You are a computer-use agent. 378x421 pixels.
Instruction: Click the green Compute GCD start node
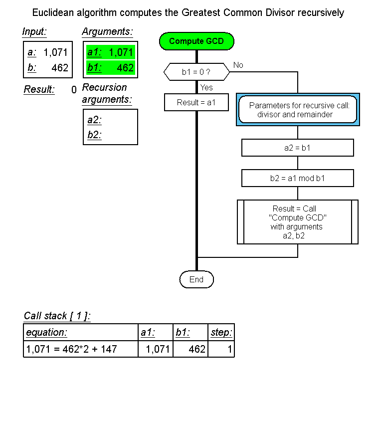pyautogui.click(x=196, y=41)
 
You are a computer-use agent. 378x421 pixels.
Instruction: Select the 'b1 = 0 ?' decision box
pyautogui.click(x=196, y=72)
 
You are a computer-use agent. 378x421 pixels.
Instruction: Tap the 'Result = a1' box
pyautogui.click(x=196, y=103)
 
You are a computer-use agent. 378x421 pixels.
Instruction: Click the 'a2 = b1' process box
pyautogui.click(x=297, y=148)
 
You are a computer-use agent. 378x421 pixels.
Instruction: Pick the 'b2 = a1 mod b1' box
pyautogui.click(x=297, y=178)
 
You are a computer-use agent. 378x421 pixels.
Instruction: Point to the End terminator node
pyautogui.click(x=196, y=280)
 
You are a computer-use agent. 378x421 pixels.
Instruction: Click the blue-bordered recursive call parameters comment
pyautogui.click(x=298, y=110)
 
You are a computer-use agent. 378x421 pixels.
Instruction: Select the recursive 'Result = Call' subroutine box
pyautogui.click(x=297, y=222)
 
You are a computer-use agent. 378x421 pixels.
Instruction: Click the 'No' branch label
pyautogui.click(x=238, y=65)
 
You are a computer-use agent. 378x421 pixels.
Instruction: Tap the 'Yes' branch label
pyautogui.click(x=206, y=88)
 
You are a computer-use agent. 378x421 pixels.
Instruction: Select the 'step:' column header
pyautogui.click(x=221, y=333)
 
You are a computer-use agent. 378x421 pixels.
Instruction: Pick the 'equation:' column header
pyautogui.click(x=46, y=333)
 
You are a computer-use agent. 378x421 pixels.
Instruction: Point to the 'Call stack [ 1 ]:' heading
pyautogui.click(x=57, y=316)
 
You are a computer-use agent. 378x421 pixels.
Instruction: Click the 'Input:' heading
pyautogui.click(x=34, y=32)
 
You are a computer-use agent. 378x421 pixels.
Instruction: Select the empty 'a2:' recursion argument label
pyautogui.click(x=94, y=120)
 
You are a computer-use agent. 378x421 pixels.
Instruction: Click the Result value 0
pyautogui.click(x=74, y=90)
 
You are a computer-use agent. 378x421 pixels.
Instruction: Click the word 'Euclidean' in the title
pyautogui.click(x=52, y=12)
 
